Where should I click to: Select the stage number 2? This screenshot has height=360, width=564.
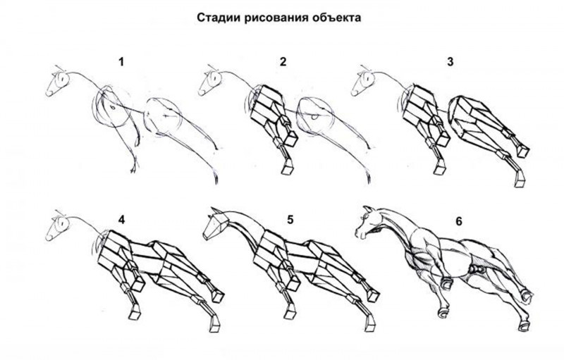pyautogui.click(x=283, y=62)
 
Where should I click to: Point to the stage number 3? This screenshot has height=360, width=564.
pyautogui.click(x=450, y=62)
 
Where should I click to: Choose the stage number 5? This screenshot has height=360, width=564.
pyautogui.click(x=289, y=219)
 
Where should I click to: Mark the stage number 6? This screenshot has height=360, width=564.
pyautogui.click(x=458, y=221)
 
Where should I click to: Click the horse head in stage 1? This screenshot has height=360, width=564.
pyautogui.click(x=58, y=84)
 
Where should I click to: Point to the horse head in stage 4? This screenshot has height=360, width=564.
pyautogui.click(x=59, y=228)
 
